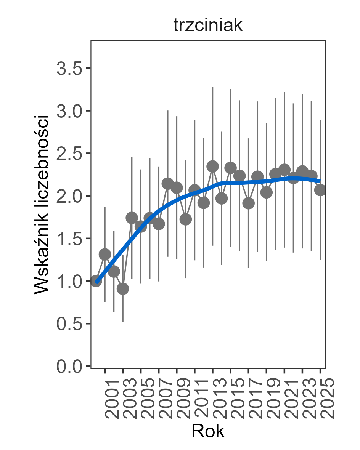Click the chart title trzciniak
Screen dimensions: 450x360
coord(208,26)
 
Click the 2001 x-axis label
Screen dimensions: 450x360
coord(111,398)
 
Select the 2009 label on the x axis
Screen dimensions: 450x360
coord(183,398)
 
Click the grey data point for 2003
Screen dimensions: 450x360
coord(123,289)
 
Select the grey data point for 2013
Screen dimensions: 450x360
coord(212,167)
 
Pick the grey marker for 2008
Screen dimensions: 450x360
coord(168,184)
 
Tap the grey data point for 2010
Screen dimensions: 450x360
coord(186,219)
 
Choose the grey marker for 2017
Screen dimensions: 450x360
coord(248,203)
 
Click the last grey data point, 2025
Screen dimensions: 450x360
coord(320,190)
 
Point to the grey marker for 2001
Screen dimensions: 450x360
coord(105,254)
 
